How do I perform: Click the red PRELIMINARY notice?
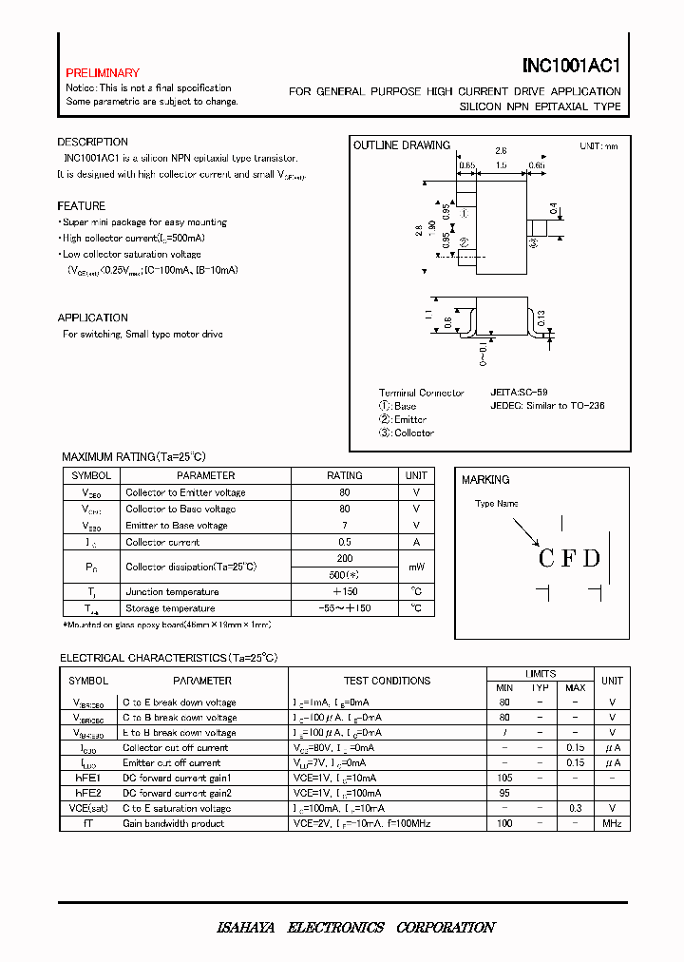(103, 73)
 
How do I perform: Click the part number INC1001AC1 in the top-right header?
(571, 68)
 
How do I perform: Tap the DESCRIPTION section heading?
(92, 143)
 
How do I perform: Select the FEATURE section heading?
(81, 206)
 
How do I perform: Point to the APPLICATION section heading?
(92, 318)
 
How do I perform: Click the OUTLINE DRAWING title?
(401, 145)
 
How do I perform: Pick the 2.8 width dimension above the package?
(501, 150)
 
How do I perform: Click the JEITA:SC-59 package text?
(519, 392)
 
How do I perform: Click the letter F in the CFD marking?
(568, 558)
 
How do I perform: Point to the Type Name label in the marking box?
(497, 504)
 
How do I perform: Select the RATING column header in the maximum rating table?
(345, 475)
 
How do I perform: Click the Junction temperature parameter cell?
(170, 592)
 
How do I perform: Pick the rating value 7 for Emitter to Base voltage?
(345, 526)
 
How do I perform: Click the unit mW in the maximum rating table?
(416, 567)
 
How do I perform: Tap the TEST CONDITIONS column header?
(387, 681)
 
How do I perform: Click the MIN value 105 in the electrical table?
(504, 779)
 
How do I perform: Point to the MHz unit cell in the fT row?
(612, 824)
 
